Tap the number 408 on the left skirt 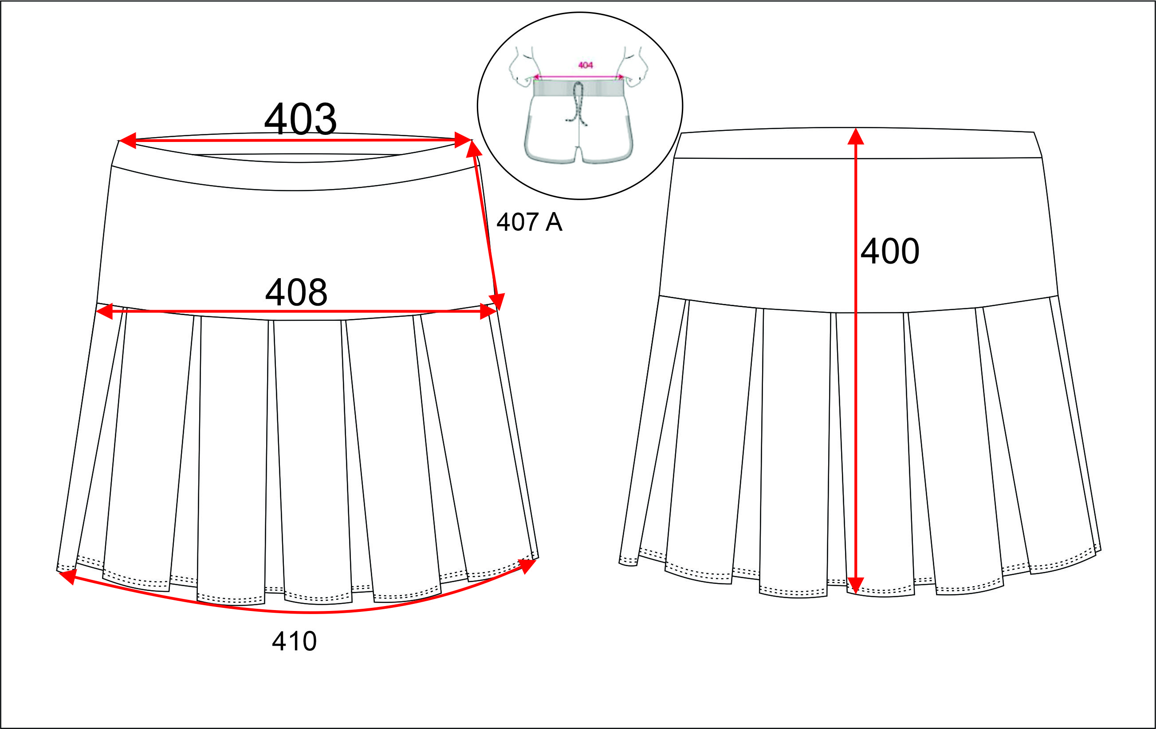pos(296,292)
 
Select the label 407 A pos(529,222)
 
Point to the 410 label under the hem pos(294,641)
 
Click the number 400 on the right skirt pos(889,251)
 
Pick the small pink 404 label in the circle pos(585,65)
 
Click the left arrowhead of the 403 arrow pos(127,140)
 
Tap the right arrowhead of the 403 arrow pos(463,140)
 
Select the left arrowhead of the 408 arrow pos(105,311)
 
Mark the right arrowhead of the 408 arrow pos(488,311)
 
